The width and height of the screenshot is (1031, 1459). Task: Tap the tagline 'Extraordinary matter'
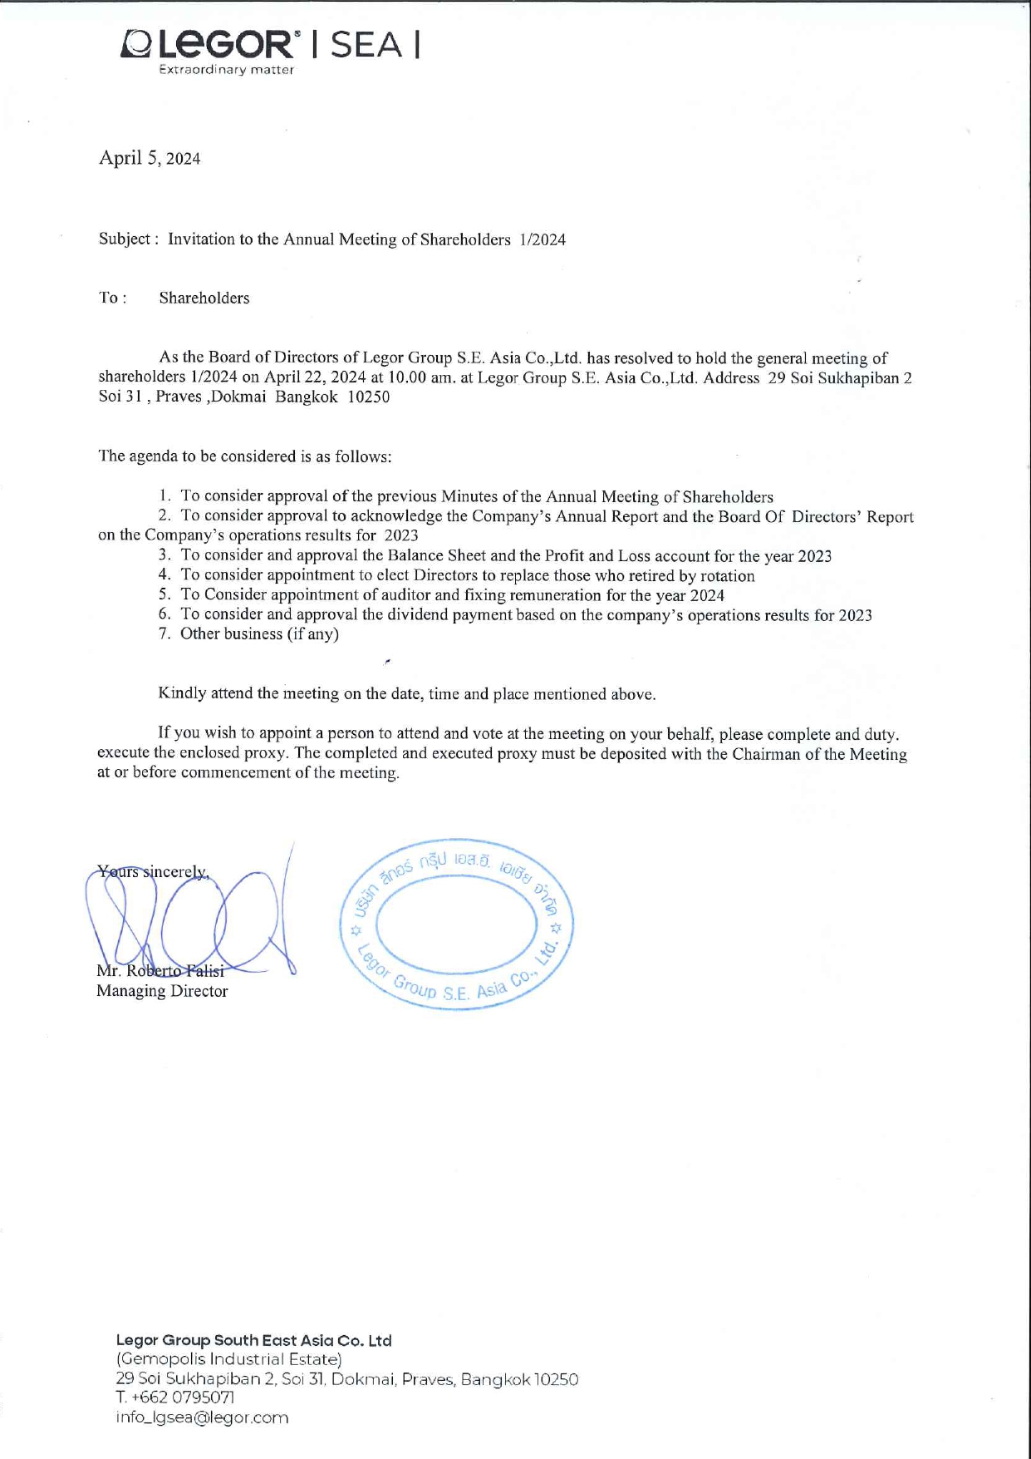click(226, 71)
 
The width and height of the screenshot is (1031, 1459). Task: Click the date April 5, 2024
click(150, 158)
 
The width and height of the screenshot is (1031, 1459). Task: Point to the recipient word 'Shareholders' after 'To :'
click(204, 298)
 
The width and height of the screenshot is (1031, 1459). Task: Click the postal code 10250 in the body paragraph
click(368, 397)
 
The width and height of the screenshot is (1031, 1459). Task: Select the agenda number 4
click(164, 575)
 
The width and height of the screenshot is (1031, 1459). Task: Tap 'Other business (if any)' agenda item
click(259, 634)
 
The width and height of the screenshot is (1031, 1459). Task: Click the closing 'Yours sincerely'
click(152, 872)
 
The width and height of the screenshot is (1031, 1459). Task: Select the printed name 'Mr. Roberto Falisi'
click(160, 971)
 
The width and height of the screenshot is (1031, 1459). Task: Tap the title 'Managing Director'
click(162, 991)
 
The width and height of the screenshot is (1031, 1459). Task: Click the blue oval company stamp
click(456, 924)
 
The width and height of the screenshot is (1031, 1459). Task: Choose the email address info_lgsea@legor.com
click(202, 1418)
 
